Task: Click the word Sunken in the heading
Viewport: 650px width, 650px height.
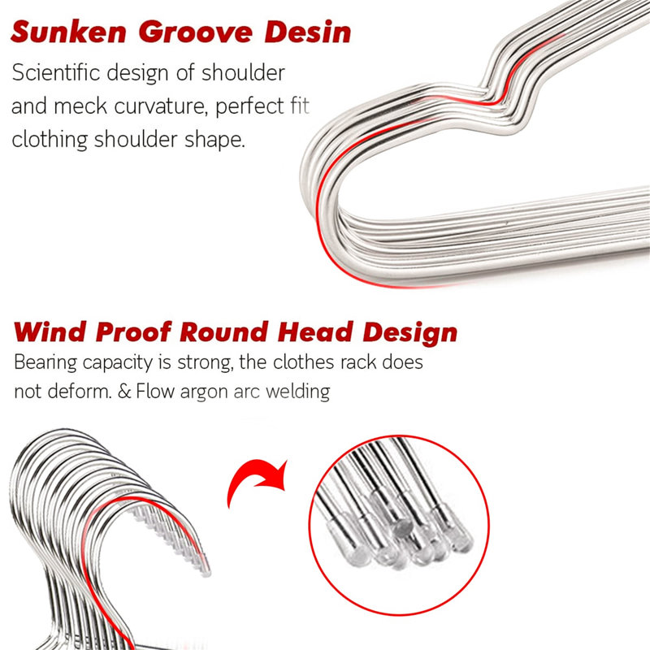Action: point(69,32)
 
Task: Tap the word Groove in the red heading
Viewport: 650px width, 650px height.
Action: point(195,32)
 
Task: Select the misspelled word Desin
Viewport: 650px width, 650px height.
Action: point(308,32)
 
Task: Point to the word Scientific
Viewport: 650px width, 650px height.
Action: point(56,72)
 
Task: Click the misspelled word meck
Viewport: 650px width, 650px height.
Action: point(80,106)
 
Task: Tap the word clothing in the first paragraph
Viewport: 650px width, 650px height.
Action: point(50,140)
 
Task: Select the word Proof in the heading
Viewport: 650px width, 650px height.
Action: point(133,333)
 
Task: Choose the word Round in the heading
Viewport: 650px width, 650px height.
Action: point(224,332)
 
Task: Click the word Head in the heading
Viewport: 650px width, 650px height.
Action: point(315,331)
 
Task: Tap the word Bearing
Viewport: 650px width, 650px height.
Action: point(45,363)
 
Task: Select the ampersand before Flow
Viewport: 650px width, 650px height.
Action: point(124,392)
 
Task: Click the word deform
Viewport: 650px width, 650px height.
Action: point(80,392)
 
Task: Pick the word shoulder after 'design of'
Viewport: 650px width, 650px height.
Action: point(243,72)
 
